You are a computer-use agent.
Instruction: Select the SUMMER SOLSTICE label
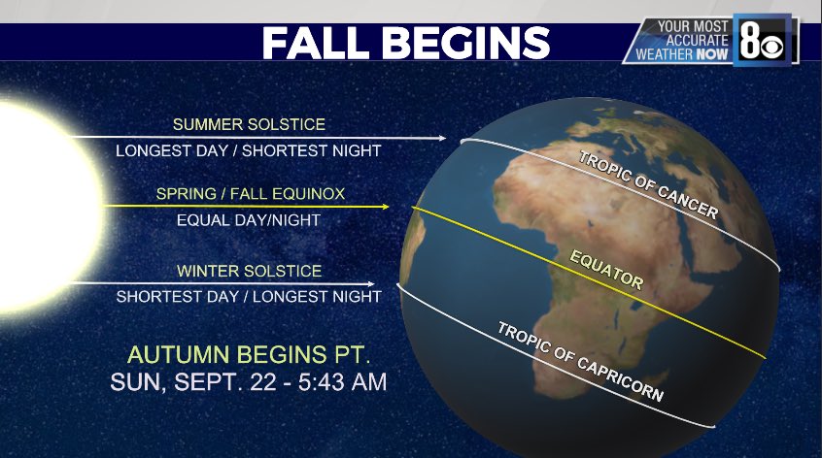[x=249, y=124]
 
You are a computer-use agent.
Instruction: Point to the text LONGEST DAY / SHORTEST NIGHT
[x=249, y=150]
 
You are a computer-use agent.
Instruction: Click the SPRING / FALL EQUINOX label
[x=248, y=194]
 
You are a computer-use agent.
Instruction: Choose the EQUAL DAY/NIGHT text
[x=248, y=220]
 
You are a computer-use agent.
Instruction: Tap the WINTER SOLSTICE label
[x=249, y=270]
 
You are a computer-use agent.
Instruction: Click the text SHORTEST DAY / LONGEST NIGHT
[x=249, y=296]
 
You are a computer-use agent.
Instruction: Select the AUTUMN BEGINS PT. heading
[x=249, y=353]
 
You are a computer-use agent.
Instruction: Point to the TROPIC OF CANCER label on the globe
[x=648, y=184]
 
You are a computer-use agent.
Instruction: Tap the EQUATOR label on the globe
[x=607, y=269]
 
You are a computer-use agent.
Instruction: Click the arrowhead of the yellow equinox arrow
[x=386, y=207]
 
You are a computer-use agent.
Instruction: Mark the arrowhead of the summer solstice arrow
[x=442, y=138]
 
